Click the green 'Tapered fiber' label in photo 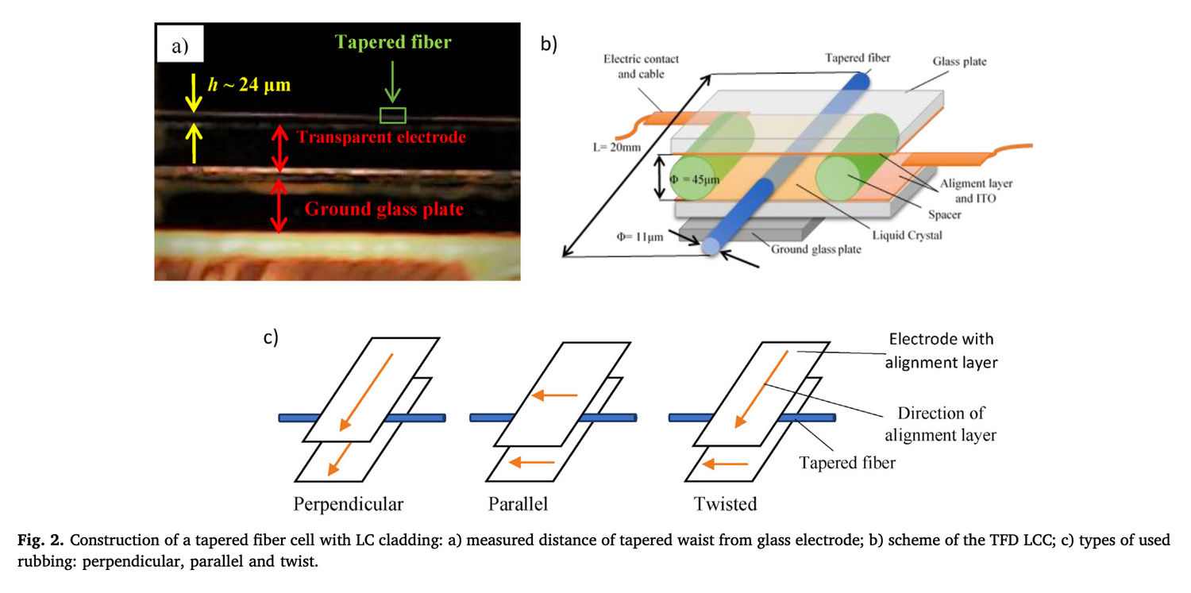tap(392, 42)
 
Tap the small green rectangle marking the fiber tap(392, 116)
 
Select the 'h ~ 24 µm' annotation tap(248, 85)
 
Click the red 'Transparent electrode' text tap(381, 137)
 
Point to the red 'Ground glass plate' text tap(384, 209)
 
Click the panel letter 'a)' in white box tap(180, 47)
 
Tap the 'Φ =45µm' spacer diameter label tap(694, 179)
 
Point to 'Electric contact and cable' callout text tap(641, 67)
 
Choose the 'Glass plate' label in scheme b tap(959, 61)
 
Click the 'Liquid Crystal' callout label tap(906, 236)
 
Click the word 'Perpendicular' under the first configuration tap(349, 504)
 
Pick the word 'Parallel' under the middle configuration tap(518, 504)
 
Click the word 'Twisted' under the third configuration tap(725, 504)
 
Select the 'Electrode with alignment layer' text tap(941, 350)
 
